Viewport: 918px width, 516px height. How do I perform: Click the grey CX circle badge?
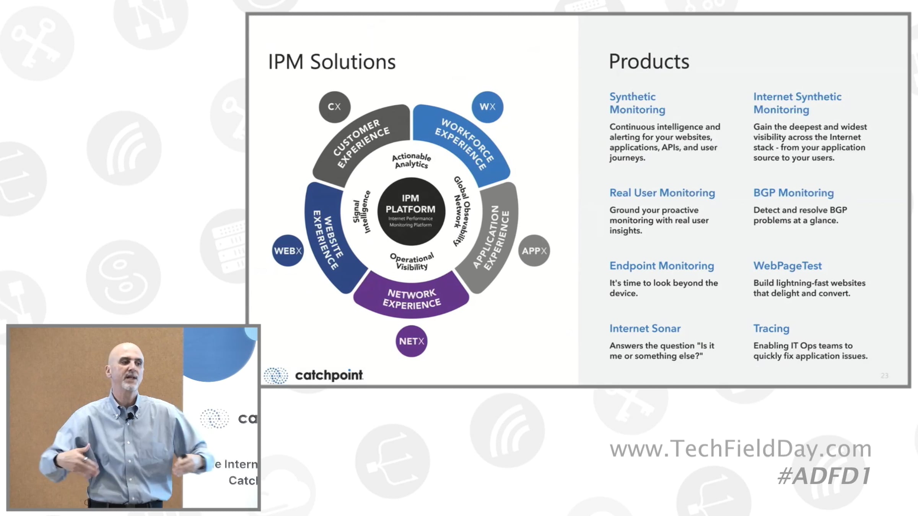[334, 107]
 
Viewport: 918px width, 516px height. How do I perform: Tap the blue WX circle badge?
[487, 107]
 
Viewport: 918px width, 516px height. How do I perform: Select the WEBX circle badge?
[288, 251]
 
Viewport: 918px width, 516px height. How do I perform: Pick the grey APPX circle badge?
[534, 251]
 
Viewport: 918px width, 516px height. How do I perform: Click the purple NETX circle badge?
[411, 341]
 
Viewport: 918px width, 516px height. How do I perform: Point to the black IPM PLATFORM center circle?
[411, 211]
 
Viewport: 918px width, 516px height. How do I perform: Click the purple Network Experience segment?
[412, 298]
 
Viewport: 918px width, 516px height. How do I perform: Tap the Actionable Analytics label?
[411, 161]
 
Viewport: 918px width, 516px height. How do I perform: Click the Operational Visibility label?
[412, 262]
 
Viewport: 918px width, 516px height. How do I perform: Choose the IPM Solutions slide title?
[332, 62]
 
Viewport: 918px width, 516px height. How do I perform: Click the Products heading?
[649, 62]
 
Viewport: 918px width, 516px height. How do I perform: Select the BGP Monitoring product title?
[793, 193]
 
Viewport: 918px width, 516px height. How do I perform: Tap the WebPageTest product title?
[787, 266]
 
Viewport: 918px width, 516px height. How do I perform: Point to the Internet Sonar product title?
[645, 328]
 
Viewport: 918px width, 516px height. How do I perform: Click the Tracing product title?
[771, 328]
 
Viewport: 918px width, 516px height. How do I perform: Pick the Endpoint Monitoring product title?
[662, 266]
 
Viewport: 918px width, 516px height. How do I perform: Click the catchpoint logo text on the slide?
[329, 375]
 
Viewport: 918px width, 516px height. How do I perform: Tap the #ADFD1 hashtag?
[824, 476]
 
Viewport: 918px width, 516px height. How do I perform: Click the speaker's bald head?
[124, 355]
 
